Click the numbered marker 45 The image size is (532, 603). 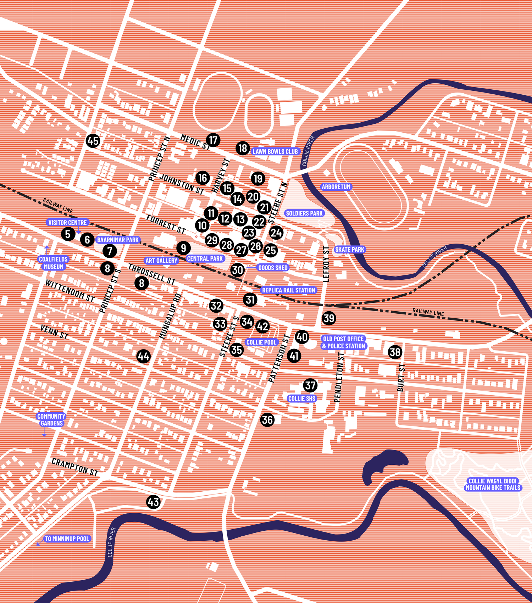pyautogui.click(x=93, y=141)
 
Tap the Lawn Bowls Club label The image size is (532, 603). pyautogui.click(x=275, y=152)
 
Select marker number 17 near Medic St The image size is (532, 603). pyautogui.click(x=213, y=140)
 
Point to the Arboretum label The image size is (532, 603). pyautogui.click(x=336, y=187)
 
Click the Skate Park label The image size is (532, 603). pyautogui.click(x=350, y=250)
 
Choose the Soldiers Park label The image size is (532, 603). pyautogui.click(x=304, y=213)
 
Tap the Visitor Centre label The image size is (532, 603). pyautogui.click(x=67, y=223)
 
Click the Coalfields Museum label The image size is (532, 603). pyautogui.click(x=53, y=263)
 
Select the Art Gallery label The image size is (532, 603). pyautogui.click(x=161, y=261)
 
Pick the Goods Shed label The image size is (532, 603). pyautogui.click(x=273, y=268)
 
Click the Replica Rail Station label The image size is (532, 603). pyautogui.click(x=288, y=290)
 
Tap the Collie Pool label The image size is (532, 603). pyautogui.click(x=261, y=342)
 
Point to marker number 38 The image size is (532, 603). pyautogui.click(x=395, y=352)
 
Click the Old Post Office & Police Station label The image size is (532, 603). pyautogui.click(x=343, y=342)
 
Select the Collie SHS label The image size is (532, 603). pyautogui.click(x=301, y=398)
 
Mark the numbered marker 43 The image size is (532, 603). pyautogui.click(x=153, y=502)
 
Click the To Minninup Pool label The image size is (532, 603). pyautogui.click(x=67, y=539)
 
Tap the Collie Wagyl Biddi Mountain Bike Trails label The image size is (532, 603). pyautogui.click(x=493, y=484)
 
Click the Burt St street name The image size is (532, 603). pyautogui.click(x=401, y=378)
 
